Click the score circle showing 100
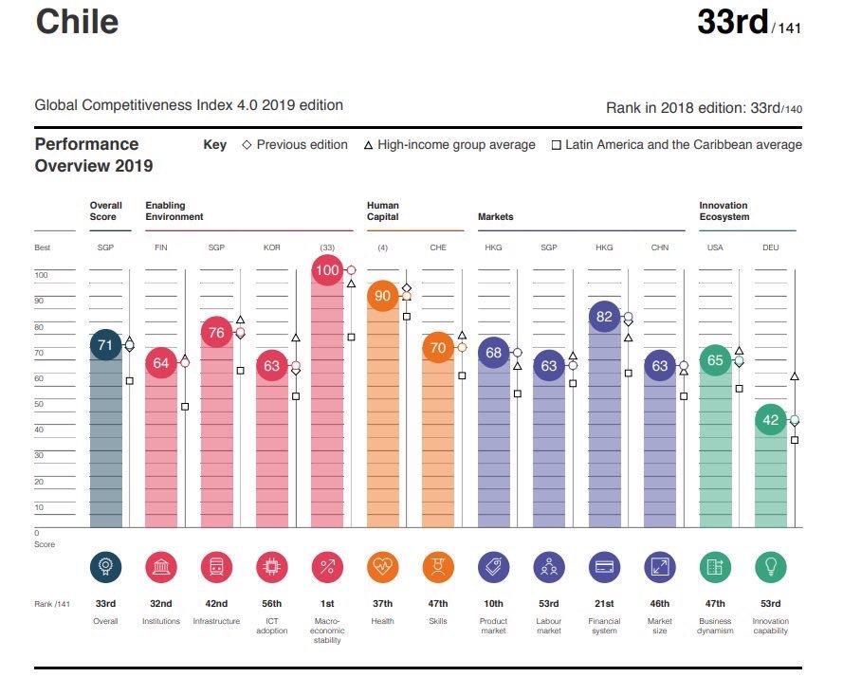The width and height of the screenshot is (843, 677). pyautogui.click(x=327, y=270)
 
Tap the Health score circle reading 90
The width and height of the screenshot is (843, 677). pyautogui.click(x=383, y=296)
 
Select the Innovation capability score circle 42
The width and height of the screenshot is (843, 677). pyautogui.click(x=771, y=420)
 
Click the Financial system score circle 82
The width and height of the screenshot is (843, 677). pyautogui.click(x=604, y=317)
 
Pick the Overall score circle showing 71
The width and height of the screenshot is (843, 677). pyautogui.click(x=105, y=345)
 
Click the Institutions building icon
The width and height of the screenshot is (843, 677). pyautogui.click(x=160, y=567)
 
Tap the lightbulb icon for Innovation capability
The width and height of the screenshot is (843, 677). pyautogui.click(x=771, y=567)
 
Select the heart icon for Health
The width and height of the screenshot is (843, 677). pyautogui.click(x=383, y=567)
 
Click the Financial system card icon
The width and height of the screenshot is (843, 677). pyautogui.click(x=604, y=567)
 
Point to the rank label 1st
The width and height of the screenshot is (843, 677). pyautogui.click(x=327, y=604)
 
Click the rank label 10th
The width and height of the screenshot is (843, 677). pyautogui.click(x=493, y=604)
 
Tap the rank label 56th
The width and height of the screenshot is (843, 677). pyautogui.click(x=272, y=604)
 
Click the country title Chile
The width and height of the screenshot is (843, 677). pyautogui.click(x=77, y=22)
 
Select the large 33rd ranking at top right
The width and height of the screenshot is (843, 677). pyautogui.click(x=732, y=21)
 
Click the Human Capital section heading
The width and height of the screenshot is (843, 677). pyautogui.click(x=383, y=210)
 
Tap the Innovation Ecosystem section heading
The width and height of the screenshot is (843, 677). pyautogui.click(x=724, y=210)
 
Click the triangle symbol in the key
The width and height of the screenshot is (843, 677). pyautogui.click(x=369, y=145)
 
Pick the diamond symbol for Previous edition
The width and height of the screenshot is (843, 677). pyautogui.click(x=247, y=145)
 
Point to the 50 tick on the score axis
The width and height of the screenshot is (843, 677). pyautogui.click(x=41, y=404)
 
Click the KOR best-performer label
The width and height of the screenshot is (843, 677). pyautogui.click(x=272, y=247)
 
